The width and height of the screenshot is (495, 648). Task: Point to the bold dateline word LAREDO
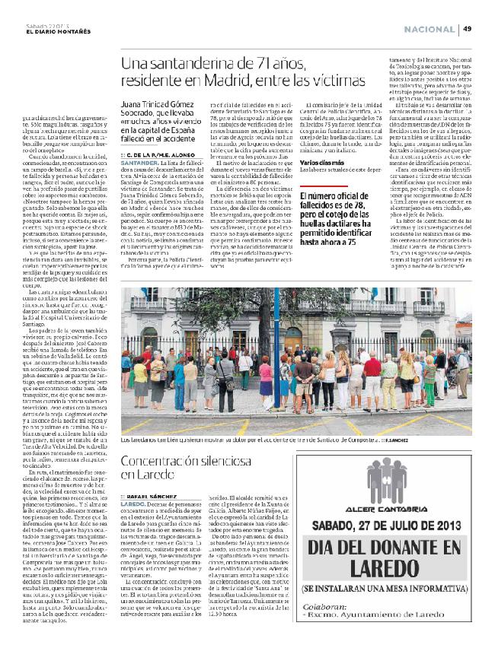pos(133,503)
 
